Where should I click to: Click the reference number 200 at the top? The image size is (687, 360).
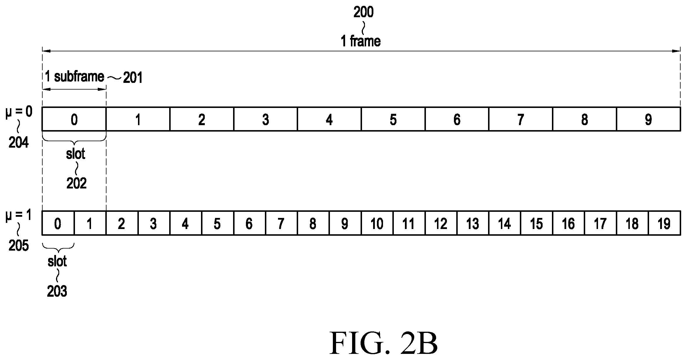pyautogui.click(x=363, y=13)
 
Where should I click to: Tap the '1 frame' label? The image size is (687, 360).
pyautogui.click(x=361, y=41)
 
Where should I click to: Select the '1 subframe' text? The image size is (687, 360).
pyautogui.click(x=74, y=77)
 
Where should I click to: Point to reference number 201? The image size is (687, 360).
pyautogui.click(x=133, y=78)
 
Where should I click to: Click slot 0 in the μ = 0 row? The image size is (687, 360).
pyautogui.click(x=74, y=119)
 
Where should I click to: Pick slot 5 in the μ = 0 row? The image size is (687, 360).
pyautogui.click(x=393, y=119)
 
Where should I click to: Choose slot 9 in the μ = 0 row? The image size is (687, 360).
pyautogui.click(x=648, y=119)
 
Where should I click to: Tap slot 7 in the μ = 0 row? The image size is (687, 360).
pyautogui.click(x=521, y=119)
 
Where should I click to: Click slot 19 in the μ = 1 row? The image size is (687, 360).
pyautogui.click(x=665, y=223)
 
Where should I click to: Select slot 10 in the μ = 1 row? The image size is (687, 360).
pyautogui.click(x=377, y=223)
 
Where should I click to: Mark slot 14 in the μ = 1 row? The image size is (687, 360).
pyautogui.click(x=505, y=223)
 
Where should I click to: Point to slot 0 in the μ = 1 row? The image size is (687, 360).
pyautogui.click(x=58, y=223)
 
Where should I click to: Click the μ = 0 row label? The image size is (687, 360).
pyautogui.click(x=19, y=112)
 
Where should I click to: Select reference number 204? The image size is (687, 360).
pyautogui.click(x=18, y=143)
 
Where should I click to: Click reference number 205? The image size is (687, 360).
pyautogui.click(x=18, y=246)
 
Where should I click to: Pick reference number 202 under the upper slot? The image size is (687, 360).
pyautogui.click(x=76, y=184)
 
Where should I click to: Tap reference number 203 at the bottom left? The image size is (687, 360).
pyautogui.click(x=57, y=291)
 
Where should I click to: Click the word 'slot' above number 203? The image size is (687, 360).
pyautogui.click(x=57, y=261)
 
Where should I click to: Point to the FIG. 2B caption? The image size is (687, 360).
pyautogui.click(x=384, y=343)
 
